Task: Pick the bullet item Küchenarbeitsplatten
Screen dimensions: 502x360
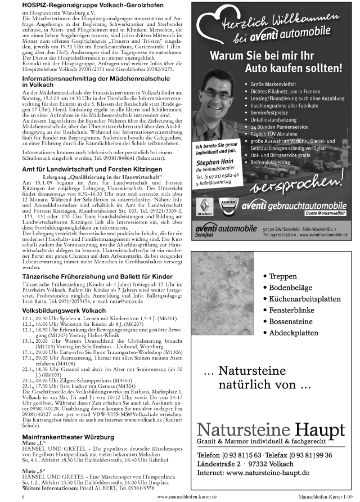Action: (x=304, y=299)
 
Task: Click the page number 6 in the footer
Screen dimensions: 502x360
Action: (x=23, y=497)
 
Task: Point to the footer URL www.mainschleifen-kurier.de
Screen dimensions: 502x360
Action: (x=187, y=497)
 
